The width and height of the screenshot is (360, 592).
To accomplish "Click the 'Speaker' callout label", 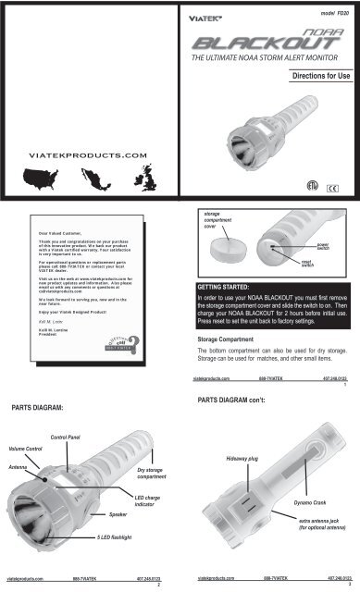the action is pyautogui.click(x=118, y=512).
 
